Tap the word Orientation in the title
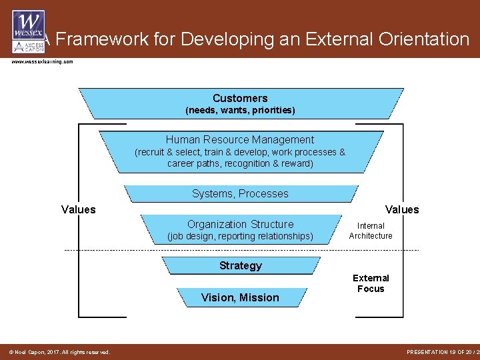tap(420, 39)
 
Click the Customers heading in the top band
tap(240, 98)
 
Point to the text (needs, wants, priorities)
tap(240, 110)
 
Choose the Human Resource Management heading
tap(240, 139)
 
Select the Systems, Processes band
tap(240, 193)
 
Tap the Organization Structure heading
tap(240, 224)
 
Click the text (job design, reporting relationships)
tap(240, 236)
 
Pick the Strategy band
tap(240, 265)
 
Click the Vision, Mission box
tap(240, 297)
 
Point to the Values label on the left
tap(79, 209)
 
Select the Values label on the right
tap(402, 209)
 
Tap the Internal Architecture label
tap(371, 231)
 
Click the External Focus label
tap(371, 283)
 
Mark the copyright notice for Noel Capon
tap(59, 352)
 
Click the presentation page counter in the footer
tap(442, 352)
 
